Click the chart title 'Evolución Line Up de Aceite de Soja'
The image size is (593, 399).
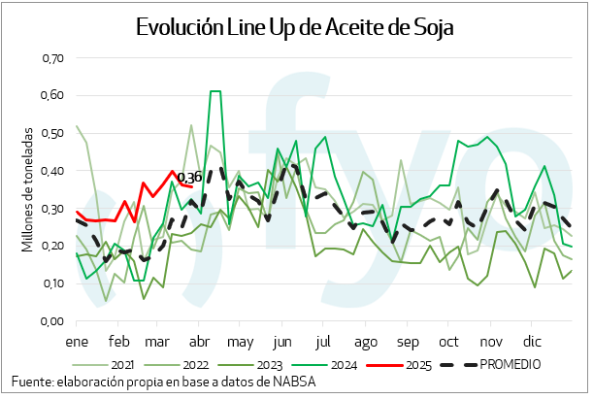pyautogui.click(x=295, y=26)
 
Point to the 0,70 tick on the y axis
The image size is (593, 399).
pyautogui.click(x=51, y=58)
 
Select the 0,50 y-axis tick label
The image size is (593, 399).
pyautogui.click(x=51, y=134)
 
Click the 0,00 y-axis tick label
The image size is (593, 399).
pyautogui.click(x=51, y=321)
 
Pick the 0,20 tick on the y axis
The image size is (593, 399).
pyautogui.click(x=51, y=247)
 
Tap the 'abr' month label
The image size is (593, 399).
pyautogui.click(x=199, y=343)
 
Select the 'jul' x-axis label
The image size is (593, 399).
pyautogui.click(x=323, y=343)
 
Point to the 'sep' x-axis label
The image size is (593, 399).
pyautogui.click(x=407, y=343)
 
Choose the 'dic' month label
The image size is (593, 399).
pyautogui.click(x=531, y=343)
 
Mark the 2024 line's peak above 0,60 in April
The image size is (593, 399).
pyautogui.click(x=215, y=91)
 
